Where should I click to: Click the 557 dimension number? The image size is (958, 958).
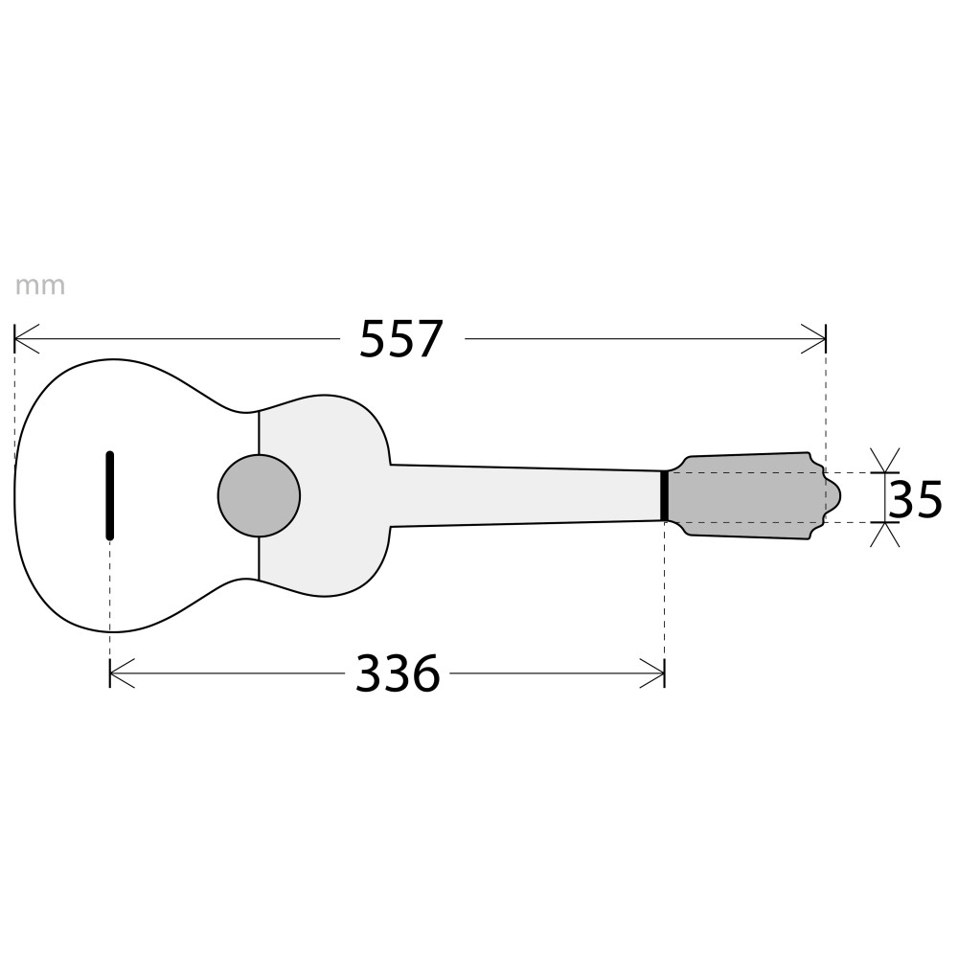[400, 338]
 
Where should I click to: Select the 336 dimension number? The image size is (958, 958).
[398, 673]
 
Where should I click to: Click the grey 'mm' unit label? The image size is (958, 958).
[39, 285]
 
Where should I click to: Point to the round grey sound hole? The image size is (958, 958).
[259, 495]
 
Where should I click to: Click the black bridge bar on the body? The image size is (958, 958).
[110, 495]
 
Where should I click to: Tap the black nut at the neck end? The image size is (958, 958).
[664, 495]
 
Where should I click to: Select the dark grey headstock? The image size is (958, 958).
[751, 495]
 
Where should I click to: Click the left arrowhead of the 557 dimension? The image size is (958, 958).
[26, 338]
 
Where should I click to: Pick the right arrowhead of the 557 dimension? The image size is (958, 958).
[813, 338]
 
